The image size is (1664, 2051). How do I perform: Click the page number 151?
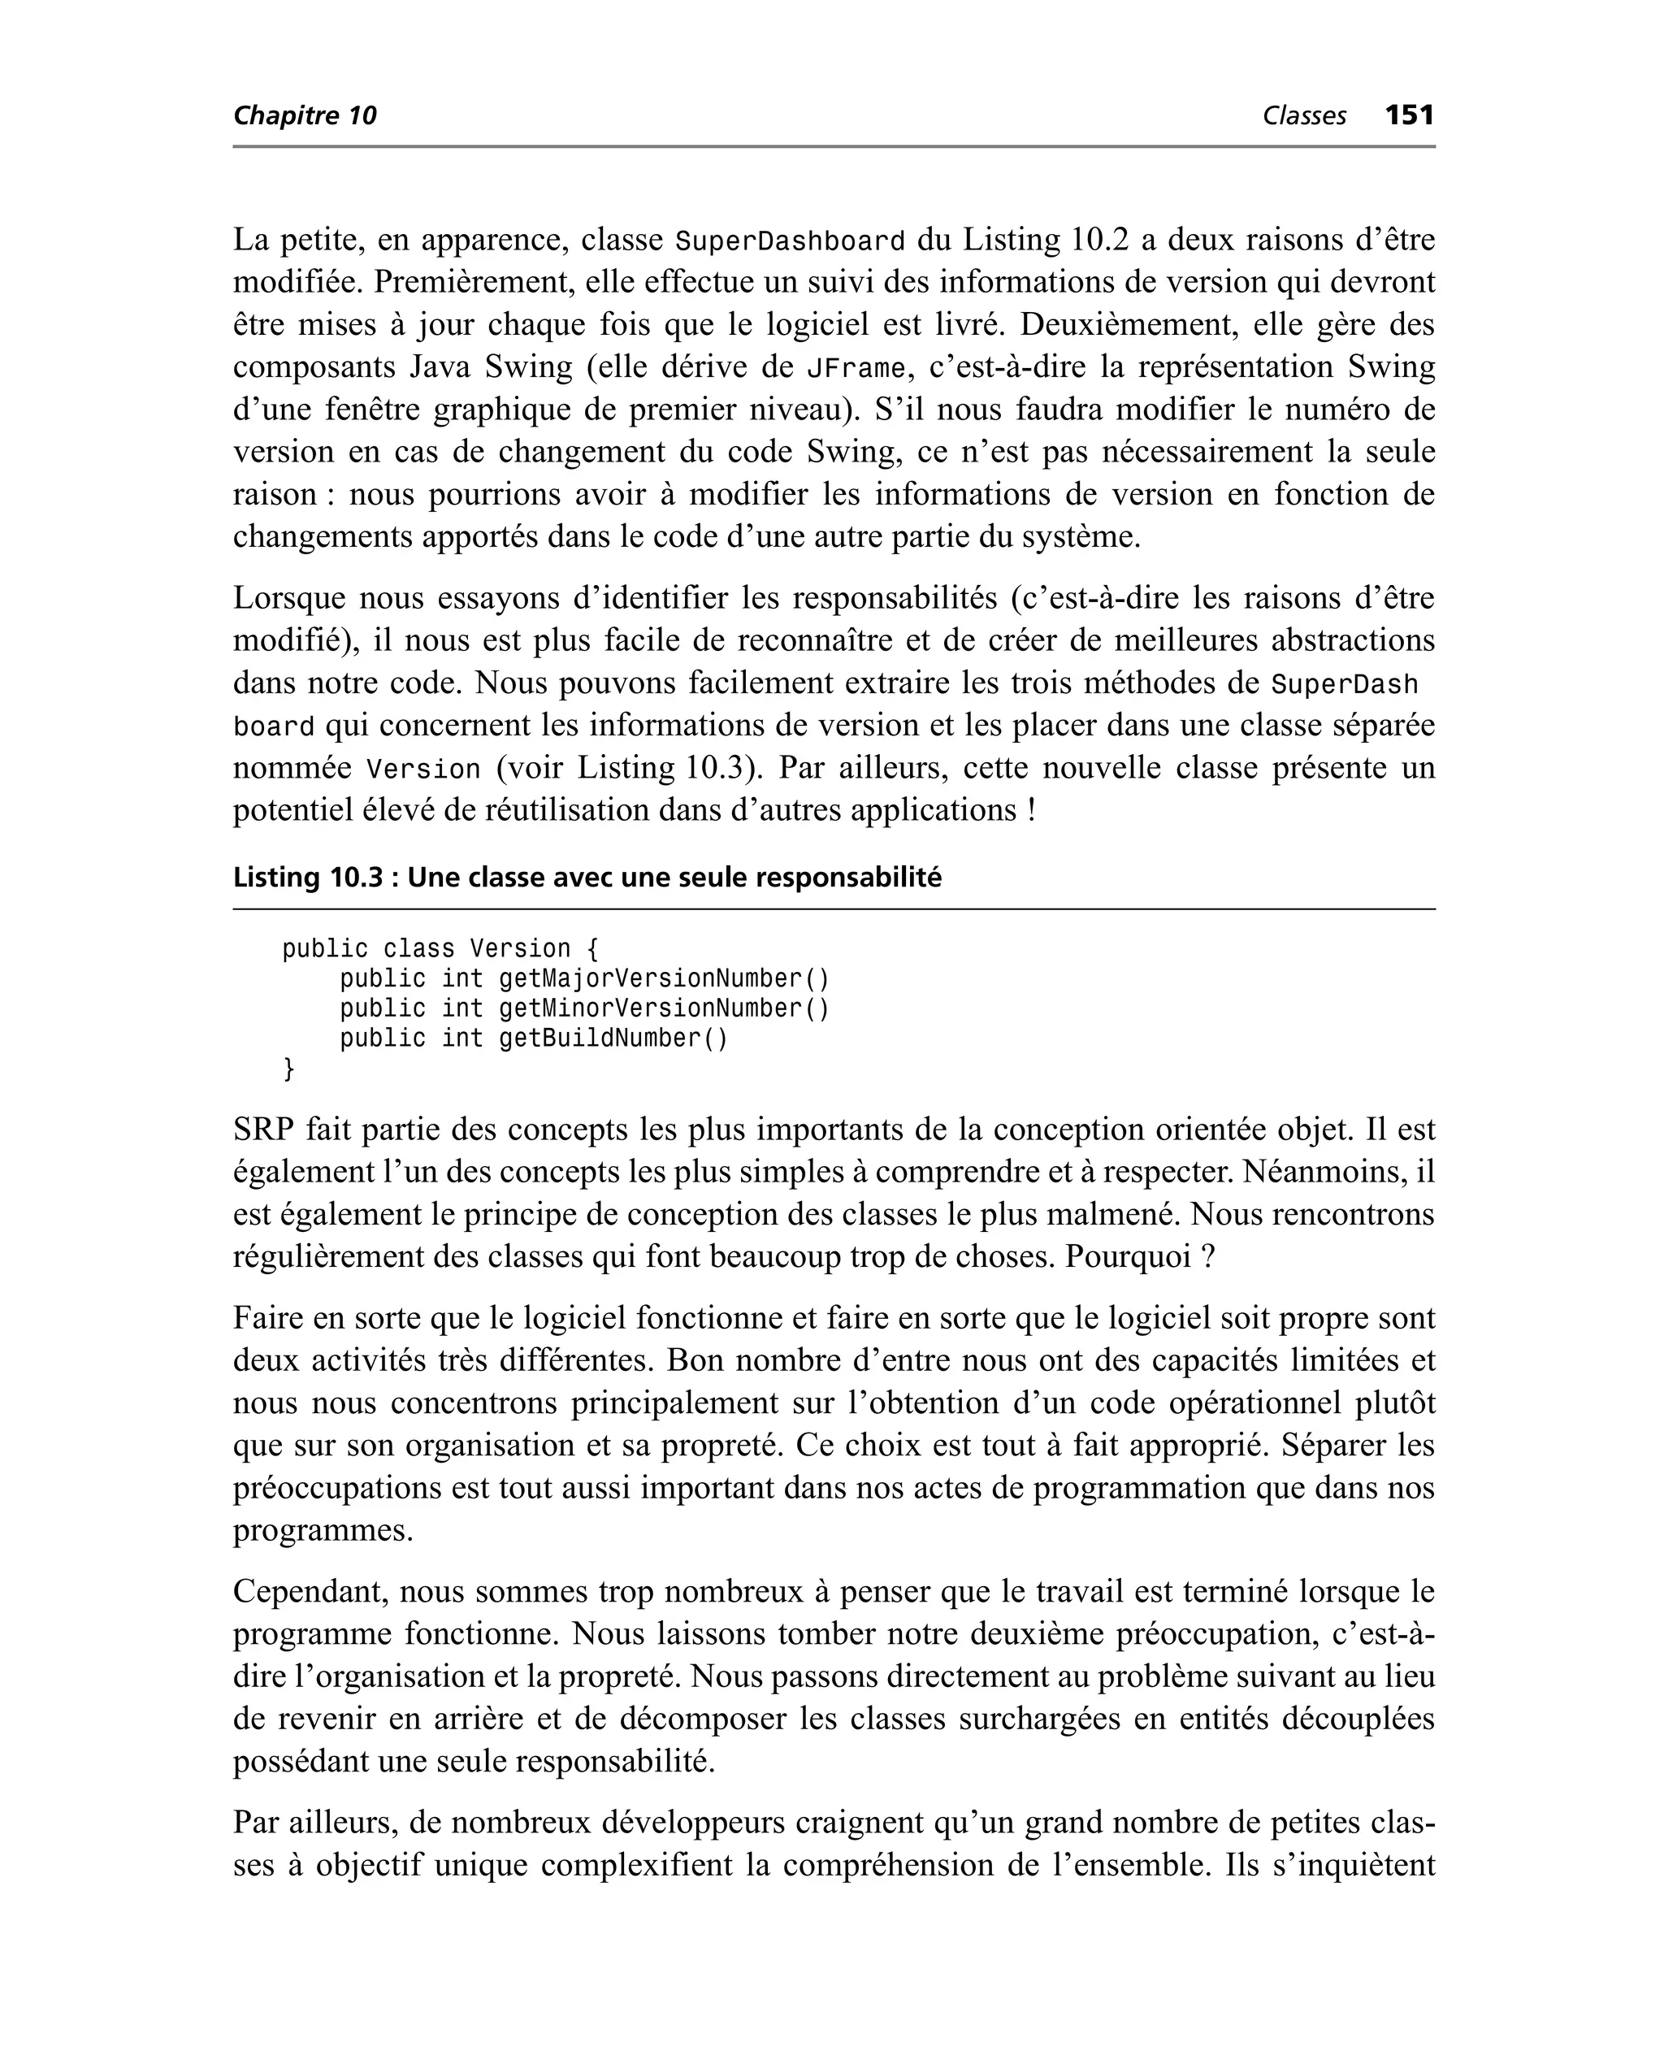(x=1409, y=115)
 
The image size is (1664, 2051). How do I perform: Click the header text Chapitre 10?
(x=305, y=116)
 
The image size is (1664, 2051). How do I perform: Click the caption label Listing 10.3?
(x=308, y=877)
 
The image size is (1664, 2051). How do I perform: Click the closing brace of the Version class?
(x=288, y=1069)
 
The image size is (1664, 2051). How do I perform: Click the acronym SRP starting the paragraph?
(x=262, y=1130)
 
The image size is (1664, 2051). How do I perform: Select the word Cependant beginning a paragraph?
(x=310, y=1592)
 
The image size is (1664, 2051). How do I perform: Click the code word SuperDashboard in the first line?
(x=790, y=241)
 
